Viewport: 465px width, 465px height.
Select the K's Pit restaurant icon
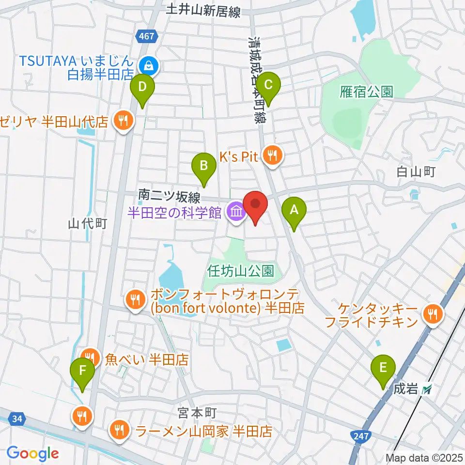click(x=272, y=155)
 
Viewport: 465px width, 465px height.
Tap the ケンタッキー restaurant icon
click(x=430, y=314)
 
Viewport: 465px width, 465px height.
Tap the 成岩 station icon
click(x=427, y=389)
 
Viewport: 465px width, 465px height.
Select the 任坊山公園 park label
click(x=241, y=269)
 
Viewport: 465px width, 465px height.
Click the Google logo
click(x=32, y=453)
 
